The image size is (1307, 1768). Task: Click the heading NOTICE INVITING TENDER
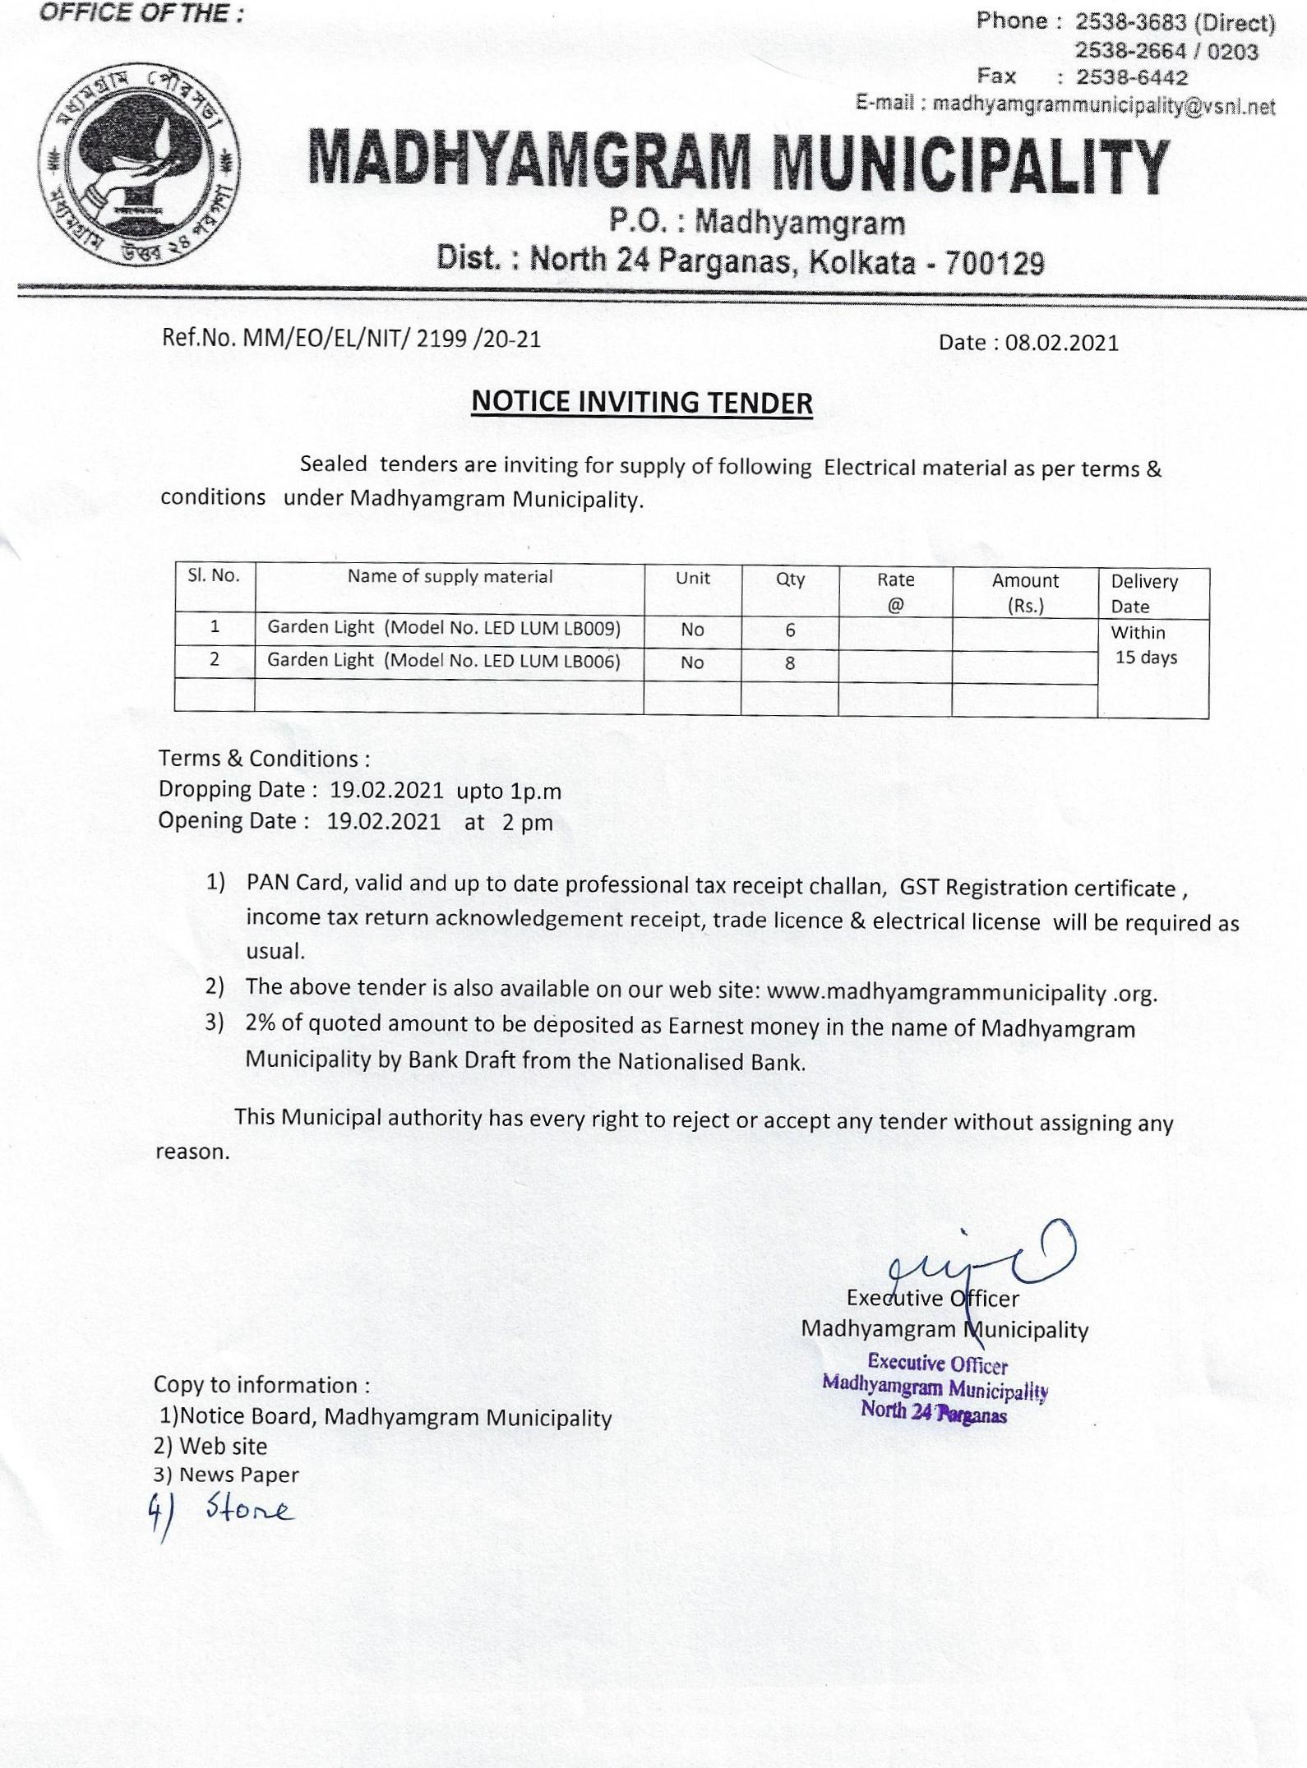(x=642, y=403)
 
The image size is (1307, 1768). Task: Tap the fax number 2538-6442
(x=1132, y=78)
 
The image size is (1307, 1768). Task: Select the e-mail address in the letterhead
(x=1104, y=105)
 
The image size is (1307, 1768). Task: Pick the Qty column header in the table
(x=790, y=579)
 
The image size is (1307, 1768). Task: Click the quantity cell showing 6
(x=790, y=630)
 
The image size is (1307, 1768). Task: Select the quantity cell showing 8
(x=789, y=663)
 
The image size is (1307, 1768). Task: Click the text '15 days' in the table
(x=1146, y=658)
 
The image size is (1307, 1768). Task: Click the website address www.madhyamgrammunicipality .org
(x=961, y=993)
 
